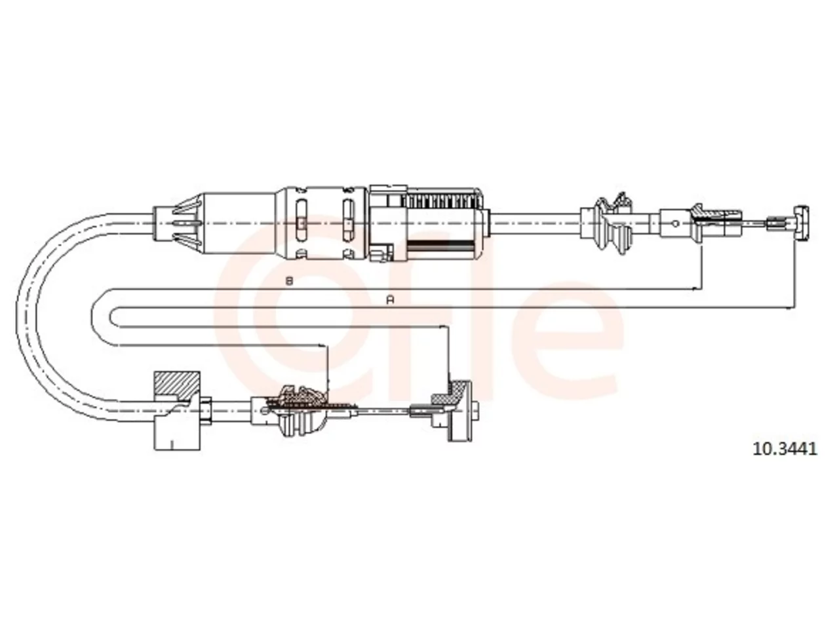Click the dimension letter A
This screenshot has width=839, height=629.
coord(390,300)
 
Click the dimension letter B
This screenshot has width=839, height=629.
coord(289,282)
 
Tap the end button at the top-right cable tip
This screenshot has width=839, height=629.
coord(801,223)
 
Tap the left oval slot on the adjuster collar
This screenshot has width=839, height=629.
coord(302,221)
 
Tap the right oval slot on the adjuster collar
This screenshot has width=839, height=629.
coord(348,221)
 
